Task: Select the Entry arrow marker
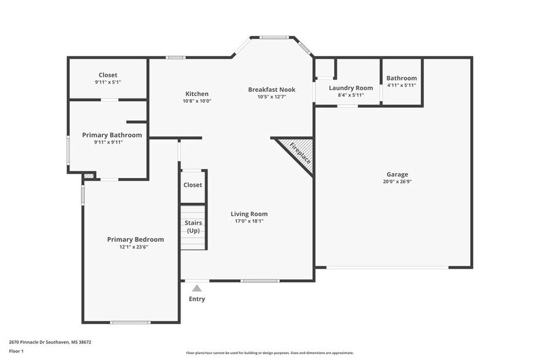click(197, 288)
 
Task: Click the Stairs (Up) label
click(193, 227)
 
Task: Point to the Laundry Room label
click(351, 88)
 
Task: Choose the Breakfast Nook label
click(271, 89)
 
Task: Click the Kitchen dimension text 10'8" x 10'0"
click(197, 102)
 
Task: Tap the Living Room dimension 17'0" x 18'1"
click(249, 222)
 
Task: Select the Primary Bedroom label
click(135, 239)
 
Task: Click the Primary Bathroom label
click(112, 135)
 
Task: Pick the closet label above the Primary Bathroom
click(108, 75)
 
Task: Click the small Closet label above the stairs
click(192, 185)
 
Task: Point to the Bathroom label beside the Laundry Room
click(402, 78)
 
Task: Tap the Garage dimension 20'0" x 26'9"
click(397, 182)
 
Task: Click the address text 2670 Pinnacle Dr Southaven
click(50, 342)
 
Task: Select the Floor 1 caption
click(17, 351)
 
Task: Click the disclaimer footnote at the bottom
click(269, 353)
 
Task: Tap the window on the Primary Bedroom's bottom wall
click(130, 322)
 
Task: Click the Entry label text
click(197, 299)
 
